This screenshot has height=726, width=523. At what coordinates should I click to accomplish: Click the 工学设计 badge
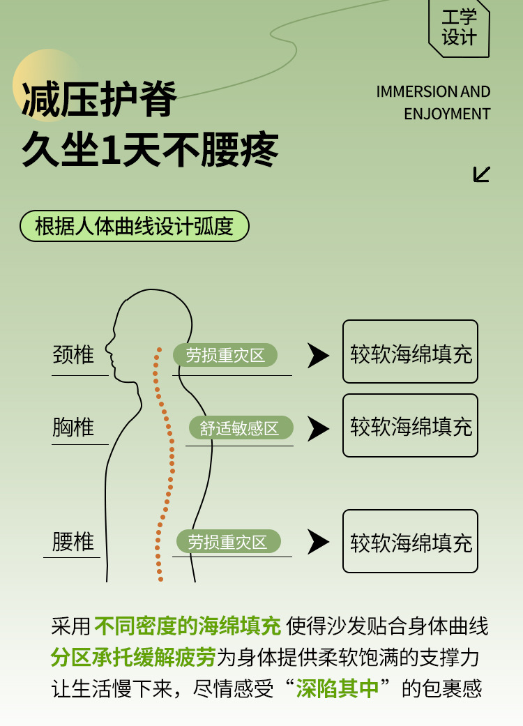459,28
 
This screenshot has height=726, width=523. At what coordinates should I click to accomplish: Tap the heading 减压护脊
99,99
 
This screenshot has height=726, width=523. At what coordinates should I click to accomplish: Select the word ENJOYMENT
447,114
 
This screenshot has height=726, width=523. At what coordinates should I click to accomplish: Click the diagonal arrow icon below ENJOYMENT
481,174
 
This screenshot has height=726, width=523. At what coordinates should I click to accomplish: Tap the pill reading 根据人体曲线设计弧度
132,227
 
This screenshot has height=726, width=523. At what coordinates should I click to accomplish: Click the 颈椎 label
73,355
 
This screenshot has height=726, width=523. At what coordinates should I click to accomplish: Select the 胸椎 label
73,427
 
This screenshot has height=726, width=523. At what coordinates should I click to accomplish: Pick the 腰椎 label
73,542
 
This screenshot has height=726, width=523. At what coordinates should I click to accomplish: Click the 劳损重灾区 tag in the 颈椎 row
225,355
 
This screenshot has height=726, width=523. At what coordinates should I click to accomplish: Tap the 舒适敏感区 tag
240,428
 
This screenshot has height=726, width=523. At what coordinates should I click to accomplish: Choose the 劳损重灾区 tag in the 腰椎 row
227,542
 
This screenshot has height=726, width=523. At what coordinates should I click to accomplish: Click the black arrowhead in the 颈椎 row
318,356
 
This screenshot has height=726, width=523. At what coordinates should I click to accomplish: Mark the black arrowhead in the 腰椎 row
318,542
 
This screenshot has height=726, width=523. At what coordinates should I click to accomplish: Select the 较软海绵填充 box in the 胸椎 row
410,426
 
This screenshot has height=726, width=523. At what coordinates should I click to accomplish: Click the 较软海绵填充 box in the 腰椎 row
410,542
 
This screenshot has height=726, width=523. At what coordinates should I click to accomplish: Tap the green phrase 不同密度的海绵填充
188,626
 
